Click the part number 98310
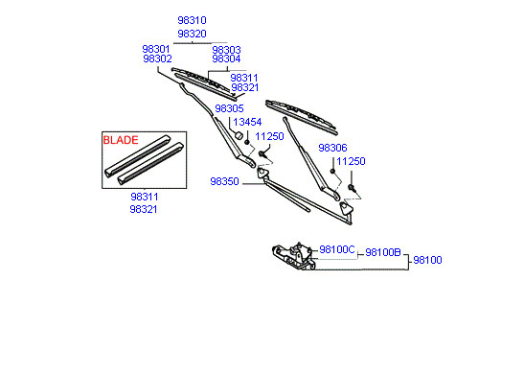tap(192, 20)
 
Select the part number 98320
tap(192, 34)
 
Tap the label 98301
tap(156, 49)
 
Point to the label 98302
tap(157, 58)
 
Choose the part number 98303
tap(226, 50)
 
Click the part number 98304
tap(226, 58)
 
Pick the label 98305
tap(229, 108)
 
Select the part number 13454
tap(247, 122)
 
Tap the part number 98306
tap(332, 148)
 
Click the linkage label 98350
tap(224, 181)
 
